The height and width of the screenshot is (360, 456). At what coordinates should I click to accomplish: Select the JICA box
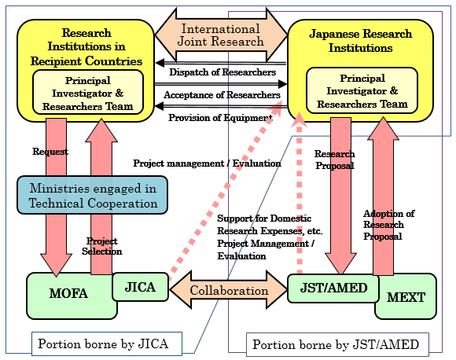click(140, 287)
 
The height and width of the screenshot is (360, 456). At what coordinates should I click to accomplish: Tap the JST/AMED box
click(333, 288)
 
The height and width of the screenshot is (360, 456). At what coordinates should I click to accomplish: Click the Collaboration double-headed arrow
click(229, 289)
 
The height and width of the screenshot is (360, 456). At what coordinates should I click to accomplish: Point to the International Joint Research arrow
click(221, 35)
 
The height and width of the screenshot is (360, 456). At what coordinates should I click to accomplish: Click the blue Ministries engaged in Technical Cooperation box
click(93, 195)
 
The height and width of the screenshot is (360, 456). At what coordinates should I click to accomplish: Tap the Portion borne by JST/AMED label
click(337, 344)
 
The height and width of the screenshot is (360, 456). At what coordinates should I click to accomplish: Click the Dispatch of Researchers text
click(222, 72)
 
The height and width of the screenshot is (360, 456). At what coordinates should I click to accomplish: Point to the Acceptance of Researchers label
click(222, 95)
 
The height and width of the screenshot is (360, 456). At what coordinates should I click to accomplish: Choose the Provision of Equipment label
click(220, 117)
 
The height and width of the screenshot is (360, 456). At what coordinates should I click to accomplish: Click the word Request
click(50, 152)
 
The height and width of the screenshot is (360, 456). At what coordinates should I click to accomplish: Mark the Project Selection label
click(101, 246)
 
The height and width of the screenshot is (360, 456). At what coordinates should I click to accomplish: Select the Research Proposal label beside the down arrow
click(335, 160)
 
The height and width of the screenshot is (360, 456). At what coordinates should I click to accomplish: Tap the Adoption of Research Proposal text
click(388, 225)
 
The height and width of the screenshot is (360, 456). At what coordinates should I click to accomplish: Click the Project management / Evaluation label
click(207, 163)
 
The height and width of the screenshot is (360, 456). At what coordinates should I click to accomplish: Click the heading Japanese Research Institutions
click(361, 41)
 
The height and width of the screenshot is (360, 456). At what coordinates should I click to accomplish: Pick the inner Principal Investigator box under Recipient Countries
click(88, 93)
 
